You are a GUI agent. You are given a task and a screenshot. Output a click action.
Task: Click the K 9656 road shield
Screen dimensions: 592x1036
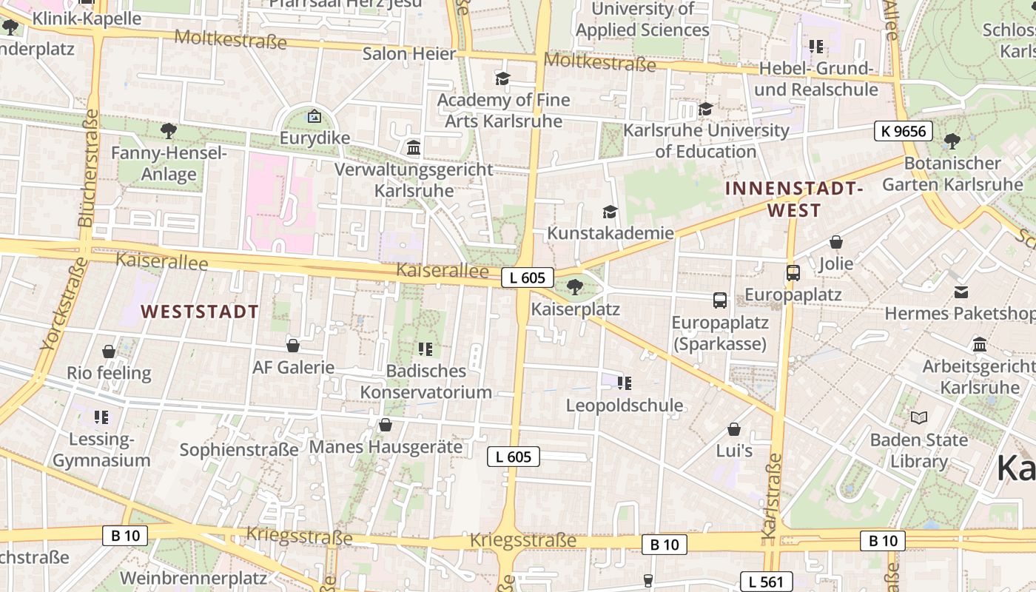(x=903, y=132)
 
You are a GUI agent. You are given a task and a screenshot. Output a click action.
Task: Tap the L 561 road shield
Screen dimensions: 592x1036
(x=766, y=582)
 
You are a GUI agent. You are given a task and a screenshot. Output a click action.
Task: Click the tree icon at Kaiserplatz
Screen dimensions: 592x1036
(x=574, y=287)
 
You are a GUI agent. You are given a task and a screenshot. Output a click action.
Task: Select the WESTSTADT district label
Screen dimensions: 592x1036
(x=200, y=312)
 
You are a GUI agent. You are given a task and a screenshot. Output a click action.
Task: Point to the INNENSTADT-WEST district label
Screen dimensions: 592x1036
(x=794, y=199)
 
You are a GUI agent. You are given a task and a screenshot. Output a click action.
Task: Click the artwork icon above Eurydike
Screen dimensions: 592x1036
(x=314, y=116)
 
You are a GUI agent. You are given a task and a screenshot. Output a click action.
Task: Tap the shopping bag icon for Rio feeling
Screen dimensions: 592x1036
(x=109, y=351)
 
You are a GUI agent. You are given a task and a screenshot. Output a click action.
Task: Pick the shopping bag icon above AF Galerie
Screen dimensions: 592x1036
(x=293, y=346)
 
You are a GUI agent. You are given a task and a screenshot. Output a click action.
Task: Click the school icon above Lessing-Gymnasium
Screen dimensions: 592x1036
(x=101, y=417)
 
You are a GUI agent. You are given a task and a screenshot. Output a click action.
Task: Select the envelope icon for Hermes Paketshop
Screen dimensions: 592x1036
(x=961, y=292)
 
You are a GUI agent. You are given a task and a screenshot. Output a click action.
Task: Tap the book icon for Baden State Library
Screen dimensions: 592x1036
(x=918, y=418)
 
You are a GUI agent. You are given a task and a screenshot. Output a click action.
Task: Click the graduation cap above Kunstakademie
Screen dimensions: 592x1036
(x=610, y=212)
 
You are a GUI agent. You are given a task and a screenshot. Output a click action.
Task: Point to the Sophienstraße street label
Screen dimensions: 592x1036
(x=239, y=449)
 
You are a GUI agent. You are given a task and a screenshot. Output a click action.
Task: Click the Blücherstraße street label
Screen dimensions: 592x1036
(x=87, y=169)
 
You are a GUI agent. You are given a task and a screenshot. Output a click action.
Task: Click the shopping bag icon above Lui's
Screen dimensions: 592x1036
(x=734, y=429)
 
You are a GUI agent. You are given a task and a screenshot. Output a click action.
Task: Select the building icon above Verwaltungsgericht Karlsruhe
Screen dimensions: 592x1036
(x=414, y=148)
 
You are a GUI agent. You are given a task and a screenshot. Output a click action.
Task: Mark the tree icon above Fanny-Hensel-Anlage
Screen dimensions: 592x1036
(x=169, y=132)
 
